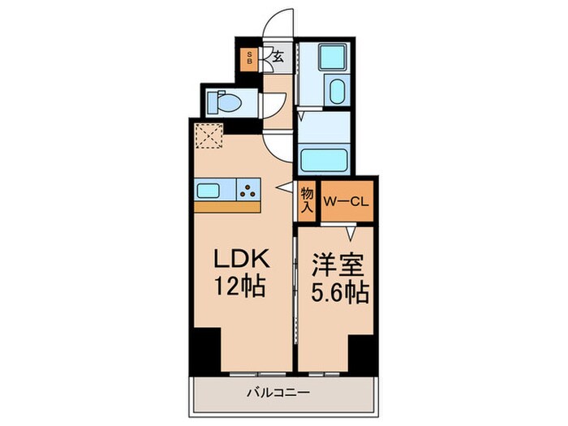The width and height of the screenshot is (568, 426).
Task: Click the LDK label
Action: pos(241,257)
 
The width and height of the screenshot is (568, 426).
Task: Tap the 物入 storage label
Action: pos(307,200)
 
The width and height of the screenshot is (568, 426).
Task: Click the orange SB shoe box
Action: pos(249,58)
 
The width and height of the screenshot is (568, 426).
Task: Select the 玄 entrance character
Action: pos(277,57)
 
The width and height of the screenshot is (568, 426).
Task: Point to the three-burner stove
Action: pos(247,191)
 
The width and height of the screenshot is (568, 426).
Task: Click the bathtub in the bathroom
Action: pos(324,157)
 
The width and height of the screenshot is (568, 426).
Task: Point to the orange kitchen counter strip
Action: pos(227,206)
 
